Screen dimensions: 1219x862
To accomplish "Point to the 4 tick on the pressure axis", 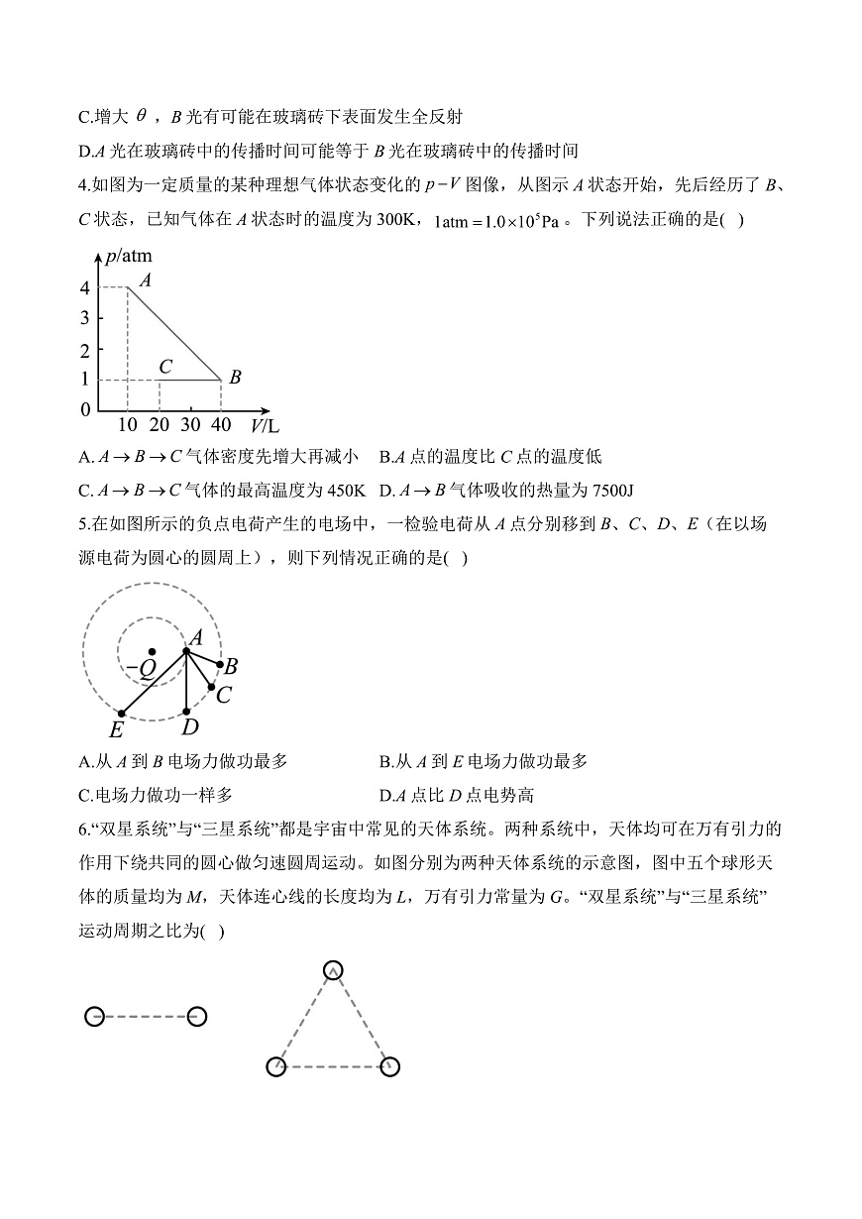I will click(x=86, y=288).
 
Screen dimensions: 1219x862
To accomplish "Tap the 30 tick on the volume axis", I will click(x=190, y=425).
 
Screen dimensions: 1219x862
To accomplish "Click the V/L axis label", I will click(x=265, y=426).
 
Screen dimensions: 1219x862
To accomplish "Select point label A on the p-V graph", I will click(x=145, y=280).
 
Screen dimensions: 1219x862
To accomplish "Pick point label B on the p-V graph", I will click(x=235, y=378).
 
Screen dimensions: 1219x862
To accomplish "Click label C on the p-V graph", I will click(x=165, y=367).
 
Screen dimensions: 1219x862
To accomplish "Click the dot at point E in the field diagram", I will click(x=121, y=713).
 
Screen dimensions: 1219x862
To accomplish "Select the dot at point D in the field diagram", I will click(x=187, y=710).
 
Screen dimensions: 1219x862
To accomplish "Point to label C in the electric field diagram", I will click(x=224, y=695).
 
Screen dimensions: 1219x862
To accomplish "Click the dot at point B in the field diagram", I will click(x=219, y=666).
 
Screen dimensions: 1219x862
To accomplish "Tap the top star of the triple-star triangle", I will click(x=333, y=970).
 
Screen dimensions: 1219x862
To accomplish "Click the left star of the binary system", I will click(x=94, y=1016).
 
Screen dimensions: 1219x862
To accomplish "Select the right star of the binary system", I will click(x=196, y=1016).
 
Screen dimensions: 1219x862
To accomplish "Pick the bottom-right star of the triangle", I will click(x=389, y=1066).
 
